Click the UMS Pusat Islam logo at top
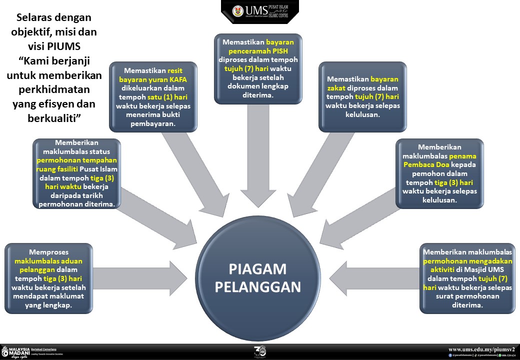260,11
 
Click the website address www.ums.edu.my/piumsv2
481,349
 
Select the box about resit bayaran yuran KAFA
153,96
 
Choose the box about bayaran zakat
362,96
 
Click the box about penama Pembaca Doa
439,173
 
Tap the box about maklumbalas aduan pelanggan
48,278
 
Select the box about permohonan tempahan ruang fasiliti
76,173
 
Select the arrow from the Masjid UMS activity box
375,276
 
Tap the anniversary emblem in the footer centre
259,351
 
